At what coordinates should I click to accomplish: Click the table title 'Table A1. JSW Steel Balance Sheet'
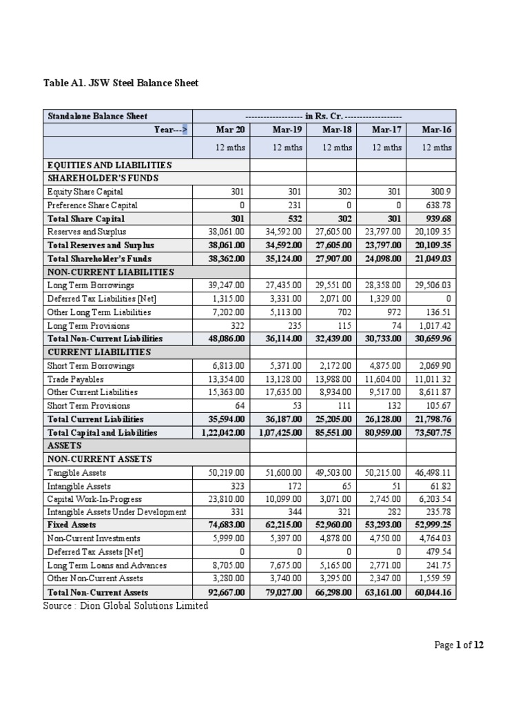click(x=121, y=83)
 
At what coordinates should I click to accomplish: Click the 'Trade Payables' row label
click(x=76, y=379)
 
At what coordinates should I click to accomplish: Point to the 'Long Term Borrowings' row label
click(x=90, y=285)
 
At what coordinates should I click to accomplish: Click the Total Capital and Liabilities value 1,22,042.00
click(x=221, y=432)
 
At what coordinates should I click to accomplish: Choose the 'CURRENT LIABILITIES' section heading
click(x=90, y=352)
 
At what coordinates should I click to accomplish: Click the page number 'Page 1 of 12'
click(x=459, y=645)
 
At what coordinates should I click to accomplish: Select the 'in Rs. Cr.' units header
click(x=324, y=116)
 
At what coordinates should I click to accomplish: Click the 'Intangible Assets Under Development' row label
click(x=116, y=512)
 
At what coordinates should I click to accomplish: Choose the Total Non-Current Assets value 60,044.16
click(x=431, y=592)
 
